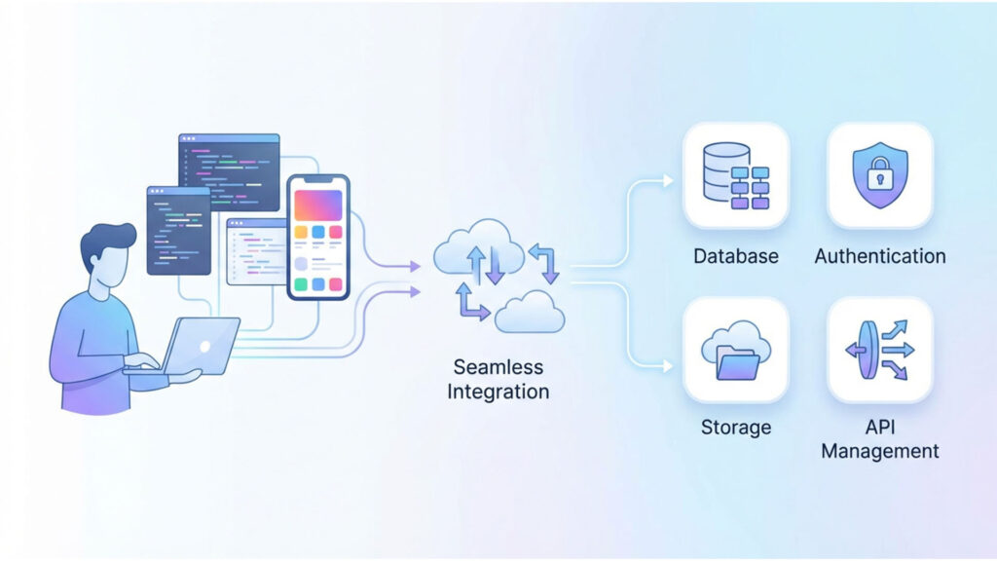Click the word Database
click(736, 256)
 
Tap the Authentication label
click(879, 256)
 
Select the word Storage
click(736, 428)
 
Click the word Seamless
click(498, 368)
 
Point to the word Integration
click(498, 392)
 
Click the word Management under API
click(879, 451)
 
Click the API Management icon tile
click(879, 350)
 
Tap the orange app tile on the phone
click(300, 233)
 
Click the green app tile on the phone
click(300, 284)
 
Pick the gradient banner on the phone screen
click(317, 205)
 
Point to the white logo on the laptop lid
click(205, 345)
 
